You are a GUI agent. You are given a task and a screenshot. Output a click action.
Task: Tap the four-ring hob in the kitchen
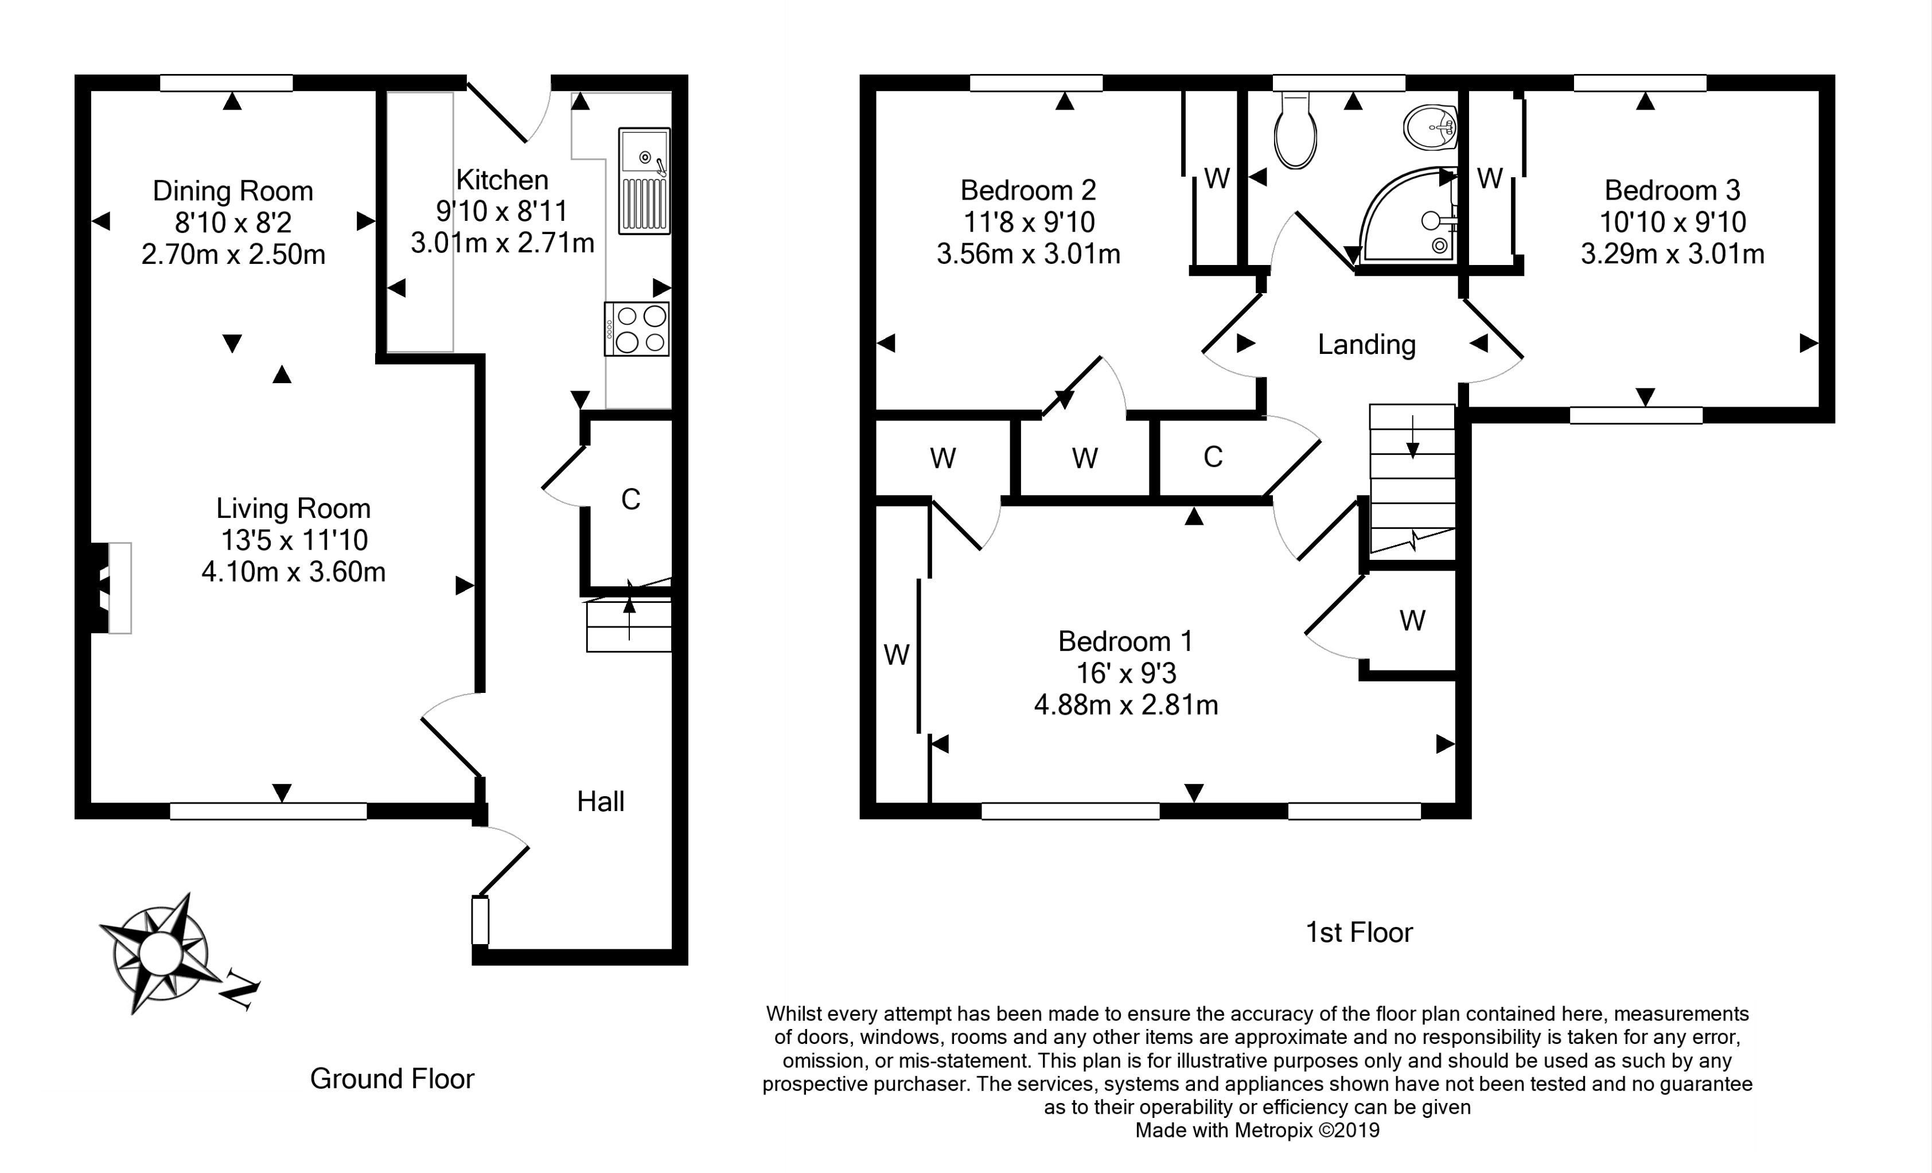(637, 329)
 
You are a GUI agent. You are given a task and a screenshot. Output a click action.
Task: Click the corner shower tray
(1411, 216)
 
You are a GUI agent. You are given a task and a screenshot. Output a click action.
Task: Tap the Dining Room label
(233, 190)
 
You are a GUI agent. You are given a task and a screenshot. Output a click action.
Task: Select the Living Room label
(293, 508)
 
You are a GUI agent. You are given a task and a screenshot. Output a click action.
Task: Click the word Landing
(1366, 344)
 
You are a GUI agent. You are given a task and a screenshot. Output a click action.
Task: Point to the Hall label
(601, 801)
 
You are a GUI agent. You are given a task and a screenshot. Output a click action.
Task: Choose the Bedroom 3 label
(1672, 190)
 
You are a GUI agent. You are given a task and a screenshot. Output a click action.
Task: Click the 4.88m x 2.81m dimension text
(1126, 705)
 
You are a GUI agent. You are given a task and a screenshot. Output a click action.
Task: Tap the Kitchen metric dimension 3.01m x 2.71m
(502, 243)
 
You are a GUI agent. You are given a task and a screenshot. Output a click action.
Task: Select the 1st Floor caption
(1359, 932)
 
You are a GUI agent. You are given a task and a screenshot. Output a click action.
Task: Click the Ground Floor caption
(392, 1079)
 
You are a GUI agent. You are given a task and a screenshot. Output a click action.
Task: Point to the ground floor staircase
(629, 625)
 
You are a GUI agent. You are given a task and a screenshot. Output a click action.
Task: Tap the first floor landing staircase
(1412, 480)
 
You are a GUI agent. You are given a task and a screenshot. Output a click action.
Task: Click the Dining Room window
(227, 83)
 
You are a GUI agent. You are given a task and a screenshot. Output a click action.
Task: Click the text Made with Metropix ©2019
(1257, 1130)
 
